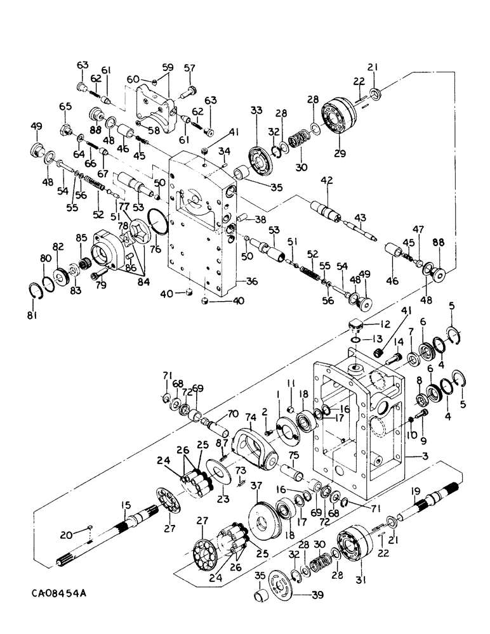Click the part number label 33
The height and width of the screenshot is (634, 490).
pos(256,110)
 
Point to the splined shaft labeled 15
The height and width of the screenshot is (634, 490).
pos(133,527)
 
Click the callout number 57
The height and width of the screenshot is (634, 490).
pos(189,68)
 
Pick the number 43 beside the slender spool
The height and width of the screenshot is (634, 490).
pos(360,218)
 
